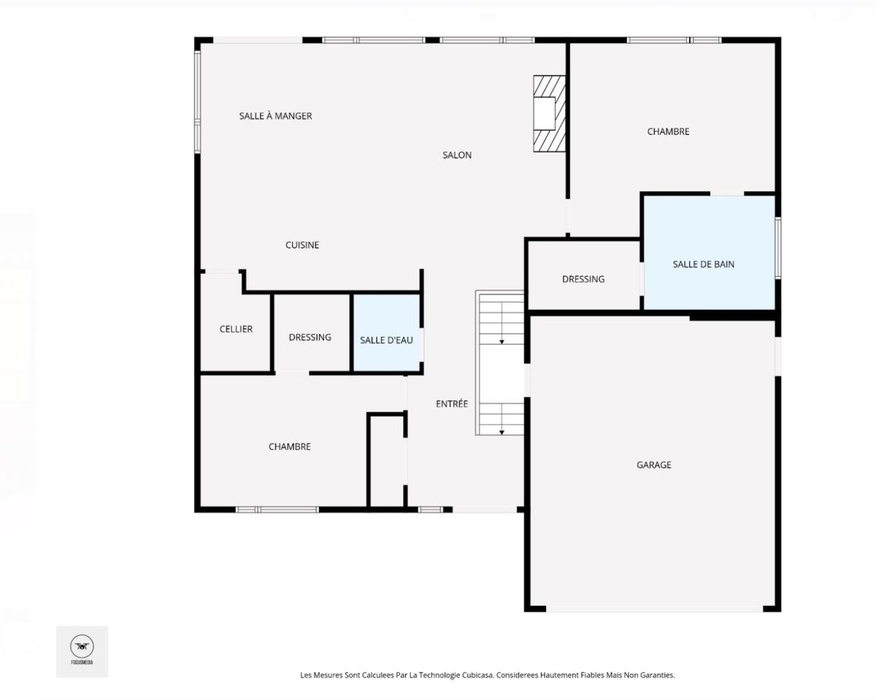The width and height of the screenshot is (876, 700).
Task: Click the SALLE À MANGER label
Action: (x=276, y=115)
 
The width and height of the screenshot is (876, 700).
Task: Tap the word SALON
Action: (x=457, y=155)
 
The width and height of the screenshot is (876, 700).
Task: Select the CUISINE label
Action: (x=302, y=245)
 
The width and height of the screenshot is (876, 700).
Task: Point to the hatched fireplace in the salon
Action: (x=550, y=113)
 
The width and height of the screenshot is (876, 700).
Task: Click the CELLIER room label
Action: (x=236, y=329)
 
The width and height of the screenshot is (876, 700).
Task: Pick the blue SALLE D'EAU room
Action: (x=386, y=333)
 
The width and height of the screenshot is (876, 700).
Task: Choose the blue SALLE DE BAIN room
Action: (x=709, y=253)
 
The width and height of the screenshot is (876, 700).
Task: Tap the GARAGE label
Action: (x=654, y=465)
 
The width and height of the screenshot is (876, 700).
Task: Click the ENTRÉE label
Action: (x=452, y=403)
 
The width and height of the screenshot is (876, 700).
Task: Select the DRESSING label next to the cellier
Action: (x=310, y=337)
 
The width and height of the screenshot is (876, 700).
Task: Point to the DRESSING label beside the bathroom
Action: (x=583, y=279)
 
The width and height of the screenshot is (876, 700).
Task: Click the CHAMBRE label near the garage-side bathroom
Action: (x=669, y=132)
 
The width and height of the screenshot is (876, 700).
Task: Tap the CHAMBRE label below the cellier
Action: (x=289, y=446)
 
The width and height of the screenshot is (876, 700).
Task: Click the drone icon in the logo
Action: (x=82, y=646)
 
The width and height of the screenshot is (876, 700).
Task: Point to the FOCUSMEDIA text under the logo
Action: (x=82, y=663)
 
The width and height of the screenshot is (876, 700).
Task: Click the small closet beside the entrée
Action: (x=387, y=461)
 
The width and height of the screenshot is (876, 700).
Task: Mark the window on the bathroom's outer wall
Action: (x=778, y=248)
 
